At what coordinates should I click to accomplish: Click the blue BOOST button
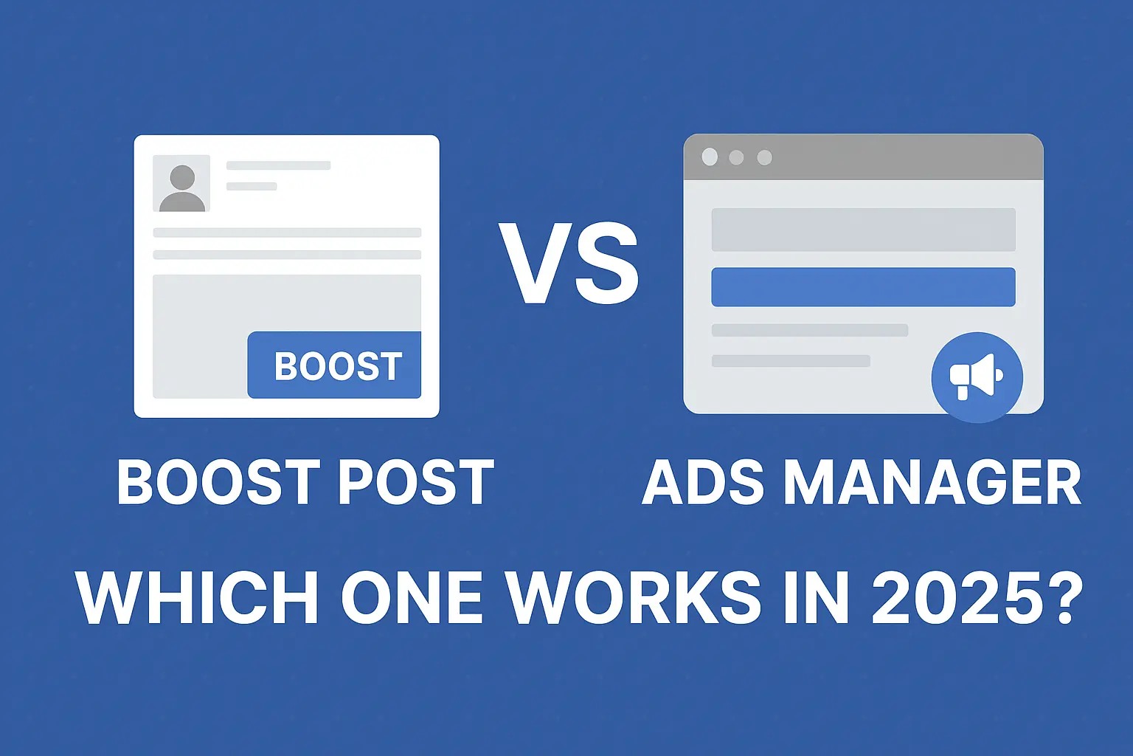[x=334, y=365]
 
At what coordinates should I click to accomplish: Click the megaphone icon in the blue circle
[x=977, y=377]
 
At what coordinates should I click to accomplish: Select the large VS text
[x=569, y=264]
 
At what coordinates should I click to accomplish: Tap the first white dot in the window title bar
[x=710, y=157]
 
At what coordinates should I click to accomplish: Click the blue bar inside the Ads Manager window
[x=863, y=287]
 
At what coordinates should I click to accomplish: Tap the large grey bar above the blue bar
[x=863, y=230]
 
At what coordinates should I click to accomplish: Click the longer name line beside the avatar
[x=278, y=165]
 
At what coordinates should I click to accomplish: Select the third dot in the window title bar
[x=765, y=157]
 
